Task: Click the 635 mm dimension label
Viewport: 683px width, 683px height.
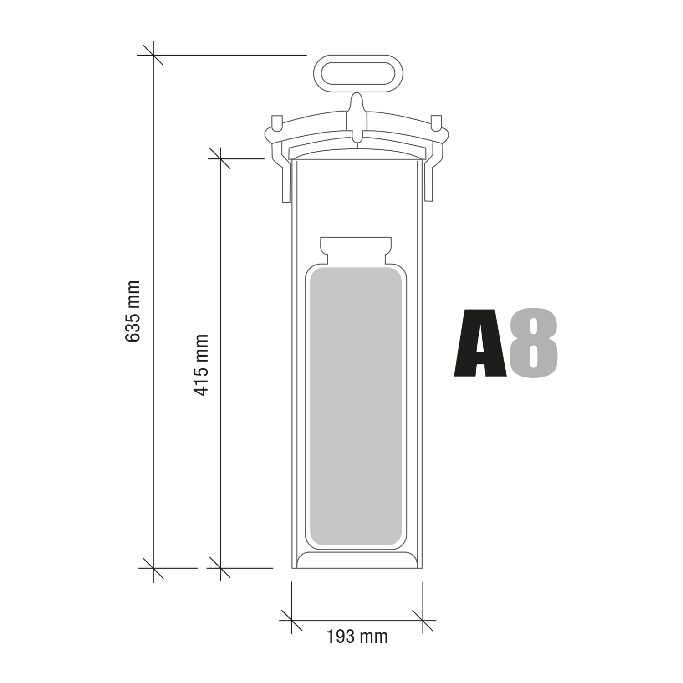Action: [x=133, y=311]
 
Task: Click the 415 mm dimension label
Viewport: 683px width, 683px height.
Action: [x=201, y=365]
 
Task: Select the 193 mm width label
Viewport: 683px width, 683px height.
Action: [x=357, y=636]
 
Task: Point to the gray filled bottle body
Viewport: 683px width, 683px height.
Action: [x=356, y=405]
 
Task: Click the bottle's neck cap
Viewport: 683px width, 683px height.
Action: [x=356, y=249]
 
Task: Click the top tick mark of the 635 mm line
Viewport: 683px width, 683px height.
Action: [x=153, y=55]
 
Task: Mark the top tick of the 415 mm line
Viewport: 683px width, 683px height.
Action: [x=220, y=158]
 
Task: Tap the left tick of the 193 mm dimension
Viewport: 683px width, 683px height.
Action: [x=291, y=620]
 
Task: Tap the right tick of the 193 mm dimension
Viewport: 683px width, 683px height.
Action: [x=423, y=620]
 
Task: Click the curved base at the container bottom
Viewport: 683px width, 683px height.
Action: [x=357, y=560]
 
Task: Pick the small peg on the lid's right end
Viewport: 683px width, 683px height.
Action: [x=436, y=122]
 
